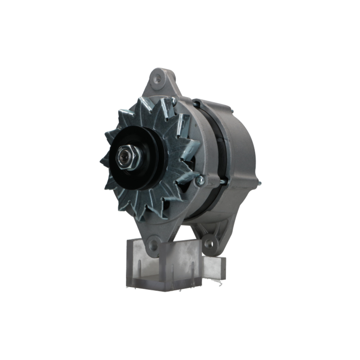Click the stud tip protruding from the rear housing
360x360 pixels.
coord(259,184)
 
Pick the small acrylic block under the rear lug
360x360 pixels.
coord(214,268)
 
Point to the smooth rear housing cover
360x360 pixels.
coord(241,151)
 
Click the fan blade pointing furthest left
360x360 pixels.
coord(103,160)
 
